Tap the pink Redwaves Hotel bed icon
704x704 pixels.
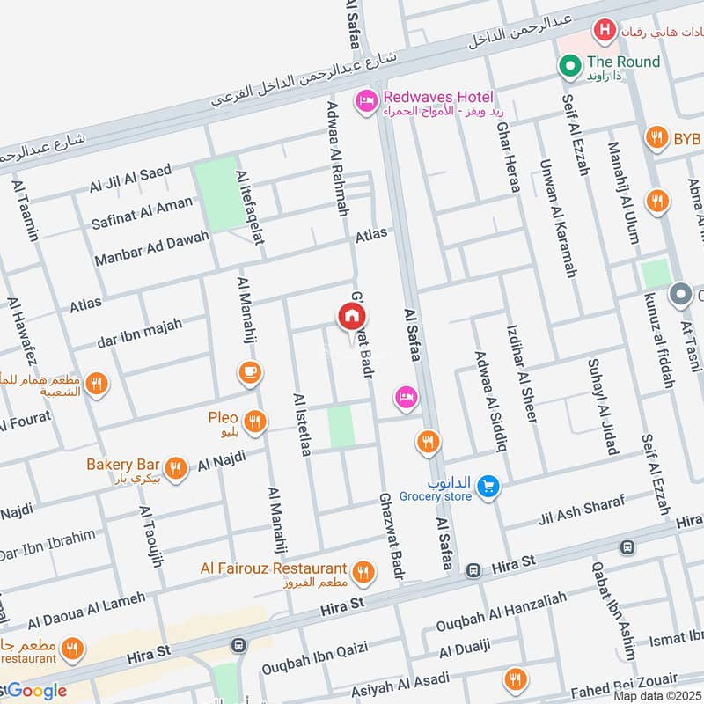point(365,103)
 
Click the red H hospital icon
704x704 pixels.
point(604,32)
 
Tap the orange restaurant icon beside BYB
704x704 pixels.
point(656,138)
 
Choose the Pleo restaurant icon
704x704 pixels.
point(254,422)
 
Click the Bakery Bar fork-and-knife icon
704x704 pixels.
point(176,468)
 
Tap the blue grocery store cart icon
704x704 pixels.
point(489,485)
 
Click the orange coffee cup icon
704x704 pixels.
point(250,373)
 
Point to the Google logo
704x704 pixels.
point(35,691)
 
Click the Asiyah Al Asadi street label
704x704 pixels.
point(400,683)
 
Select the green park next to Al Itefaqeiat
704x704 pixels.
point(216,184)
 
